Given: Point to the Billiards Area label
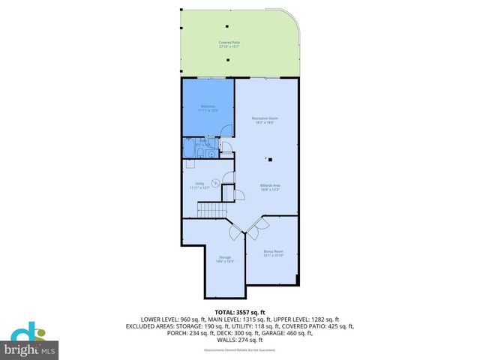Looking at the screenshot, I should (x=270, y=187).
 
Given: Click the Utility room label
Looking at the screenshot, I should (x=199, y=185).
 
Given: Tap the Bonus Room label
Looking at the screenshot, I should (x=274, y=253).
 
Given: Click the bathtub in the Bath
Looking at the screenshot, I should (x=193, y=151).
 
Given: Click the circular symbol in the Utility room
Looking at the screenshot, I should (x=214, y=182).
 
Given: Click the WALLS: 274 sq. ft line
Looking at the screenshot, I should (x=239, y=340).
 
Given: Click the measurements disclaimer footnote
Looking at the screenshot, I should (x=239, y=349).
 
